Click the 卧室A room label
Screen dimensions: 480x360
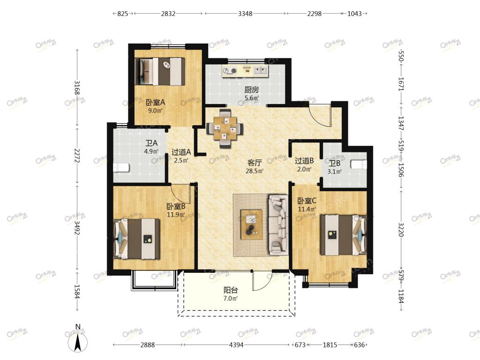tap(155, 102)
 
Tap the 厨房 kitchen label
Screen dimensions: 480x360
tap(251, 90)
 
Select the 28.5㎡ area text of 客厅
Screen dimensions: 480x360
tap(255, 171)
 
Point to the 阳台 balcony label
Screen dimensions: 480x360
tap(231, 290)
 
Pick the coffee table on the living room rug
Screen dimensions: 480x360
tap(251, 225)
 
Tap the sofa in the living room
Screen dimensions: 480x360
tap(278, 225)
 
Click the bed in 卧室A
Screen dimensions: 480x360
tap(160, 71)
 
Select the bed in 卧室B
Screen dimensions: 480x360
tap(137, 239)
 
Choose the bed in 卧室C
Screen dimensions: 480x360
tap(343, 235)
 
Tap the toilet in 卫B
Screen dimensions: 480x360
tap(359, 165)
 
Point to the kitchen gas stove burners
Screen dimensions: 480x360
tap(230, 71)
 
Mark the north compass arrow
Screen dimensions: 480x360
tap(78, 342)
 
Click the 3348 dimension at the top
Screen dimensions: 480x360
tap(245, 14)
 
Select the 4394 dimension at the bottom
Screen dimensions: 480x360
tap(236, 345)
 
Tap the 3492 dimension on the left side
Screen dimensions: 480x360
tap(77, 228)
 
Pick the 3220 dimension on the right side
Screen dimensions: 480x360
tap(401, 230)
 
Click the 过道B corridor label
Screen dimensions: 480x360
tap(304, 161)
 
